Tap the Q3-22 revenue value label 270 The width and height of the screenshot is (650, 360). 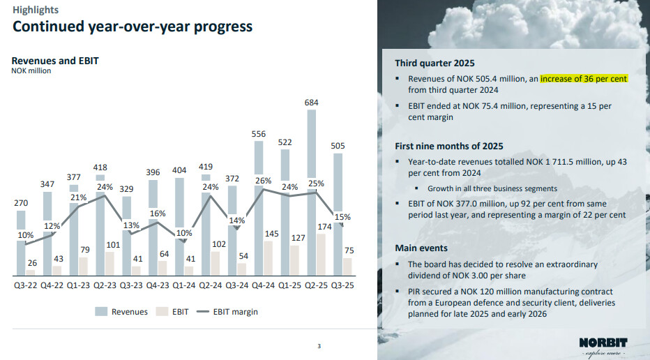22,202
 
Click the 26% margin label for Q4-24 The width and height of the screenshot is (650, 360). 264,181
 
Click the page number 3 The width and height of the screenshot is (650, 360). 319,345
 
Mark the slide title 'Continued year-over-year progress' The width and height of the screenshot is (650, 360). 133,27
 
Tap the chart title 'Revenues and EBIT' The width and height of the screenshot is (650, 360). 55,61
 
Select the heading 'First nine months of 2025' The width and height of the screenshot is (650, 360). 449,147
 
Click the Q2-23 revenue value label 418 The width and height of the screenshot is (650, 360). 102,167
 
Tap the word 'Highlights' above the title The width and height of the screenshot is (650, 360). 36,10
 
